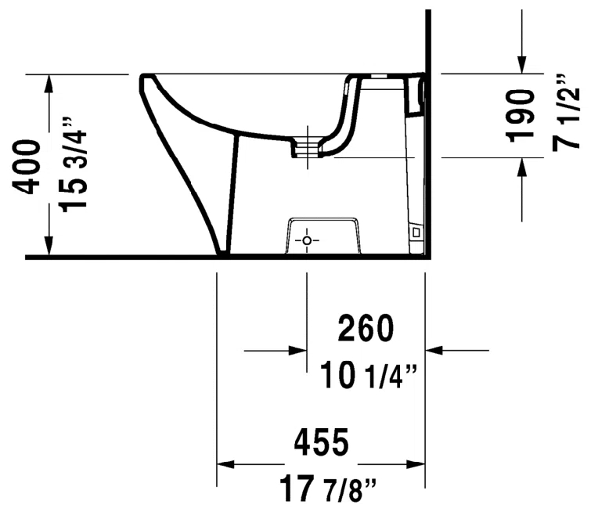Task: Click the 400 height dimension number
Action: [x=27, y=168]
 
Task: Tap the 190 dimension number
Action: [x=521, y=116]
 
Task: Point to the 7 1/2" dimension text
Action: [x=565, y=112]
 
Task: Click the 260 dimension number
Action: [x=366, y=328]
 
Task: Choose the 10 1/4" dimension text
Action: [x=369, y=375]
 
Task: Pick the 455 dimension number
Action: [x=322, y=442]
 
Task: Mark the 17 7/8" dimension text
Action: [x=327, y=488]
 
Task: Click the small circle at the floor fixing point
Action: [x=307, y=240]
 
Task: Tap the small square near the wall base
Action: [x=416, y=232]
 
